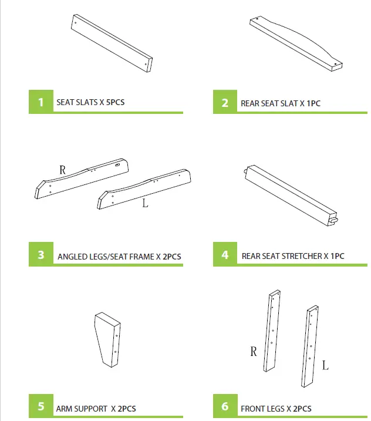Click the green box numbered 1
41,102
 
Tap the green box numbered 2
225,103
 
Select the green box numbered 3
41,255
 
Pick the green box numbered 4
225,255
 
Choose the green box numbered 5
41,406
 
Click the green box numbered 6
225,407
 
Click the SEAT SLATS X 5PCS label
90,102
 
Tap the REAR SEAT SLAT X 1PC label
281,103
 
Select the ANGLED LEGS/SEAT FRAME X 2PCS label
119,256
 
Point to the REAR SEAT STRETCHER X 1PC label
293,256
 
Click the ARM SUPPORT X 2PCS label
96,408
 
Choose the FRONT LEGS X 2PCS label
276,408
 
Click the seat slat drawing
112,43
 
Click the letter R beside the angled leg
63,170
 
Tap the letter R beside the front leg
254,352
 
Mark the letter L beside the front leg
325,366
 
